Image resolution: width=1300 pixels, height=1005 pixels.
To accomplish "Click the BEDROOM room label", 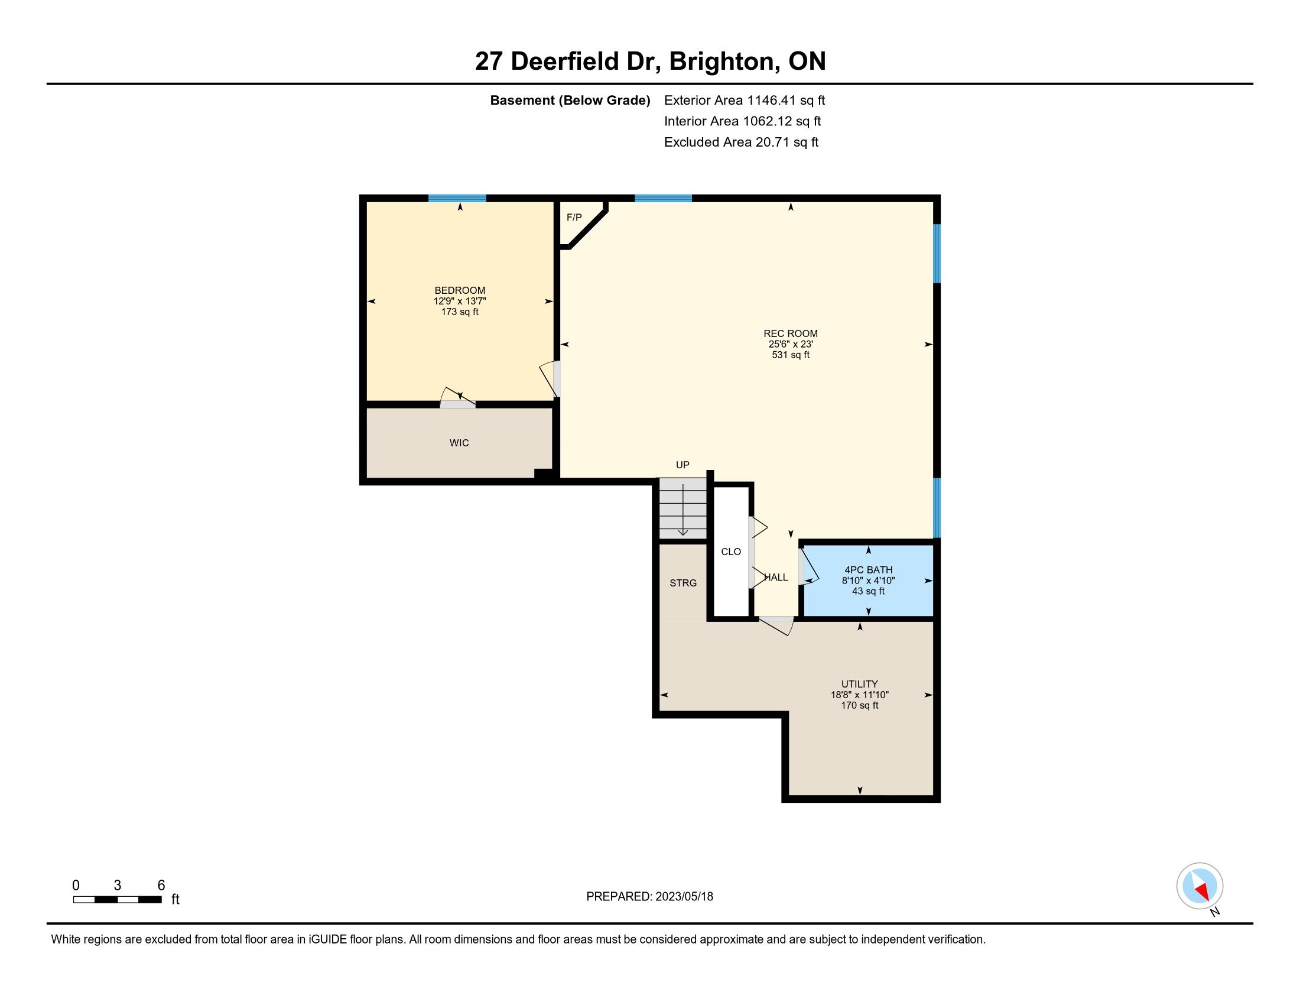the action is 460,290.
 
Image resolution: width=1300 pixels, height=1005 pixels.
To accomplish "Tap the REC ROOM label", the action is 791,333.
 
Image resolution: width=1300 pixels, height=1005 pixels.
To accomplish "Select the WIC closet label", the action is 459,443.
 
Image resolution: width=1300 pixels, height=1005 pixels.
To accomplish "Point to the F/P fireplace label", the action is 574,218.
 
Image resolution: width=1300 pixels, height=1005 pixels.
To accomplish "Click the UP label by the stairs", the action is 682,465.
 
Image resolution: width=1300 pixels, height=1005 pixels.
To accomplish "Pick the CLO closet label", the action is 731,552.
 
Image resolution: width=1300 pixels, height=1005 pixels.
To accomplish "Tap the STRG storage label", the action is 682,583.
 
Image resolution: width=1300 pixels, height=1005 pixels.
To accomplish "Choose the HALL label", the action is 776,578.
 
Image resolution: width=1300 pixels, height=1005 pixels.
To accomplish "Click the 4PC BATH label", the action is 869,570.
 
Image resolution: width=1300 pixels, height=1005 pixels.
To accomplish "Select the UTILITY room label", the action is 860,684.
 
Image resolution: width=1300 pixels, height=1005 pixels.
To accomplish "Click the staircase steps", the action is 682,508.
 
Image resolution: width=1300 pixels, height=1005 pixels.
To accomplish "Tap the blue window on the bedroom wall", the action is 457,198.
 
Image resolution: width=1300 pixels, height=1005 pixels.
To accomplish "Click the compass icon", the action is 1200,886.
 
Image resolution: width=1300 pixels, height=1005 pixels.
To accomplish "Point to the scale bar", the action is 117,900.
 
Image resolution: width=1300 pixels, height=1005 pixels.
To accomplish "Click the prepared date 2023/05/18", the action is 684,897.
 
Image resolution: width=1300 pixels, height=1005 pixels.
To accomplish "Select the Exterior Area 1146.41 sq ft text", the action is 744,100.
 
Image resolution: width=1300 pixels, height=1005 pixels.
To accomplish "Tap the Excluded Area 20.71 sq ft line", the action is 741,142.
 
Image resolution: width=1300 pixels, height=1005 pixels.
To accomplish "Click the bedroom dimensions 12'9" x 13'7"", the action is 460,301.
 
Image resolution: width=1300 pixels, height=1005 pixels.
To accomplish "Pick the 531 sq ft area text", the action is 791,355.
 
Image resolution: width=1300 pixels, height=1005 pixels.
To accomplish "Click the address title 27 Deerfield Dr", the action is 568,61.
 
